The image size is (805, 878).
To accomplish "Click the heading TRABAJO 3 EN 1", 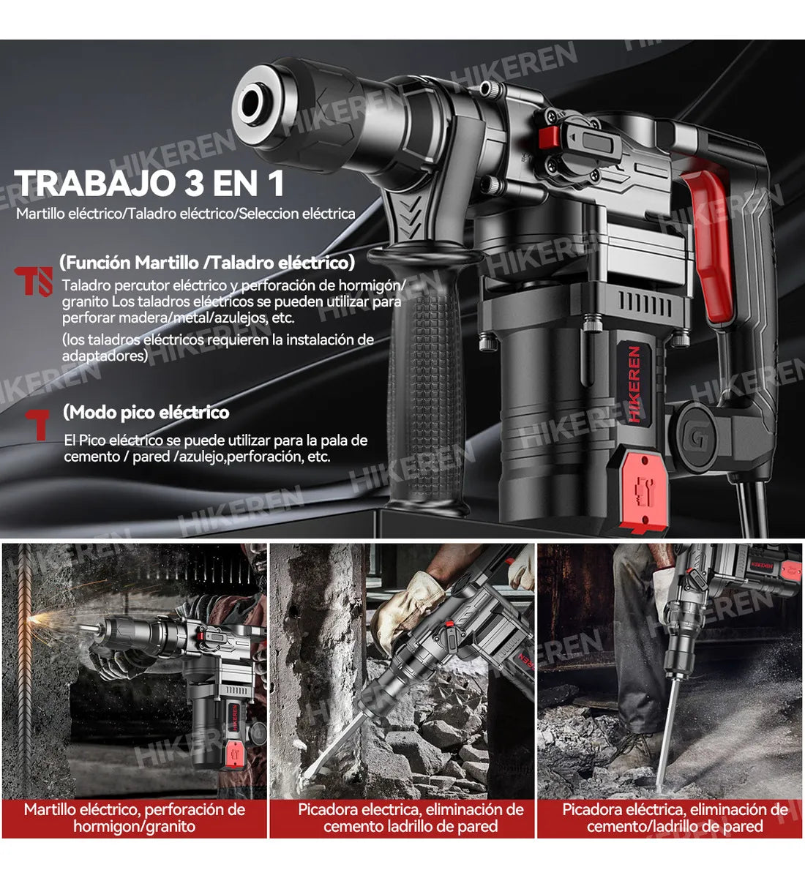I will (149, 183).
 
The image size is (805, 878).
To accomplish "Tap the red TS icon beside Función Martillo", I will (34, 281).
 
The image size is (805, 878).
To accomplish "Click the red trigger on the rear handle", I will (708, 241).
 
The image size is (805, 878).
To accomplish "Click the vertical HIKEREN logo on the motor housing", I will (634, 384).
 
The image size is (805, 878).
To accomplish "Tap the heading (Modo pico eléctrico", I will (146, 413).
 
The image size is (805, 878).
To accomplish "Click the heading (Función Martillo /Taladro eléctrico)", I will (207, 263).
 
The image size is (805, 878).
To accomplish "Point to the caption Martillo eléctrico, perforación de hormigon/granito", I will (135, 818).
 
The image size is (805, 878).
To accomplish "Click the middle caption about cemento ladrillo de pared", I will (411, 818).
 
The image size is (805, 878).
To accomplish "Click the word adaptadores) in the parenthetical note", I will (105, 356).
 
